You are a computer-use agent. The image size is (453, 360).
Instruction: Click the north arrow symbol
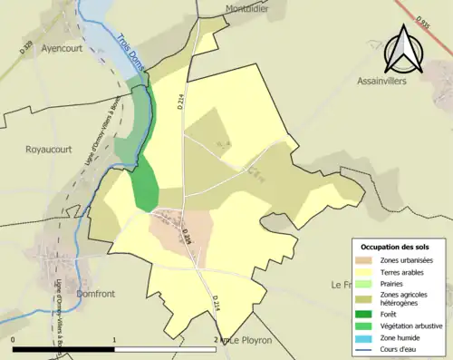click(x=402, y=49)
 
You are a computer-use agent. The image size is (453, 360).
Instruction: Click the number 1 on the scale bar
click(x=114, y=340)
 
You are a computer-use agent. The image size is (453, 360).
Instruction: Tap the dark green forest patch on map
click(x=144, y=186)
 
